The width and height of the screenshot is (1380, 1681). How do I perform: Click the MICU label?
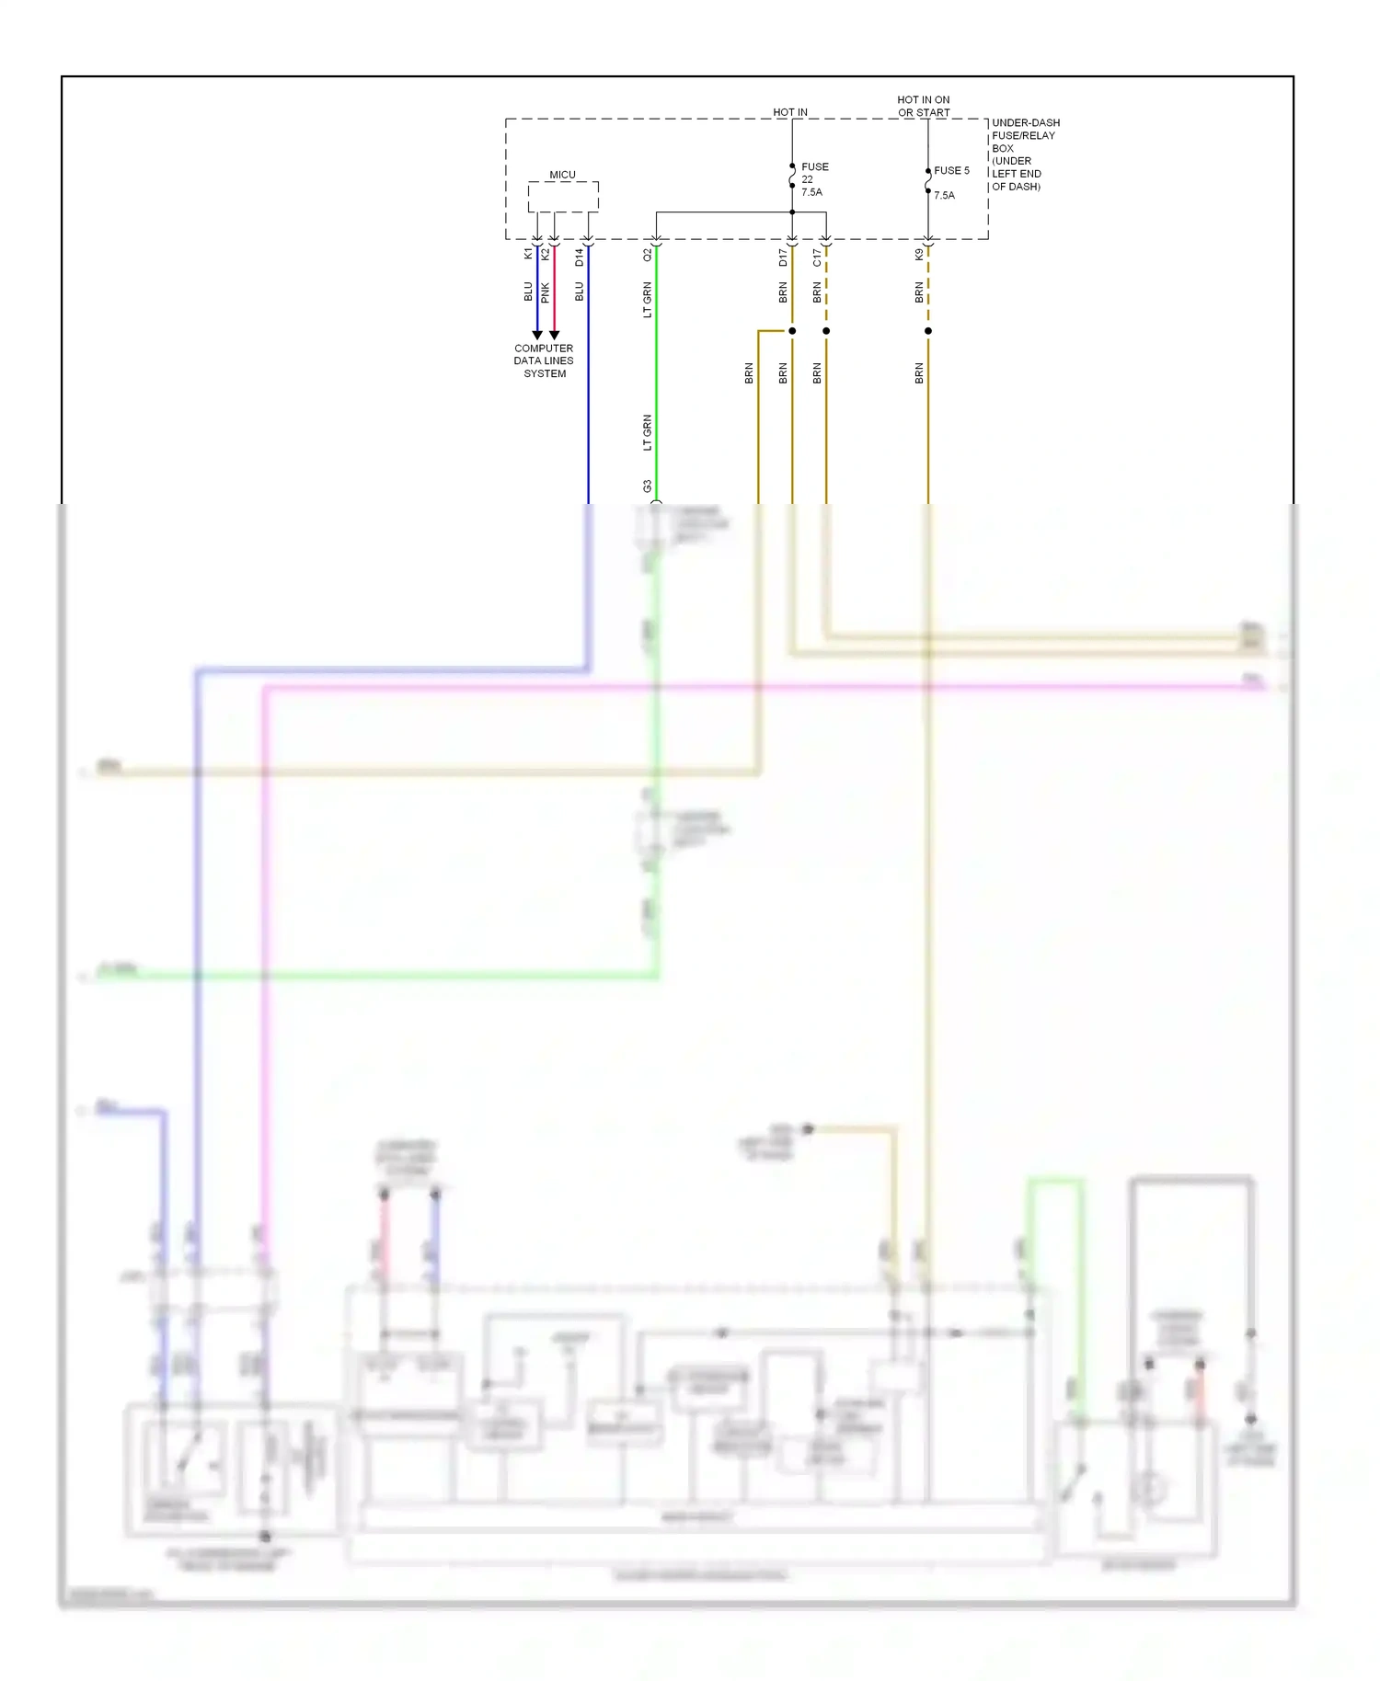(x=562, y=175)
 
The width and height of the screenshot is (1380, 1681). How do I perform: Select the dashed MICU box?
(x=563, y=197)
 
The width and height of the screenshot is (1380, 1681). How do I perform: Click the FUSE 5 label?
(x=951, y=171)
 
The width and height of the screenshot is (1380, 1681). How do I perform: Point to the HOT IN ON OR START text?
(x=923, y=106)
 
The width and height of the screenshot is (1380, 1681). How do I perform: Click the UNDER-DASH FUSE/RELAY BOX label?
(x=1024, y=154)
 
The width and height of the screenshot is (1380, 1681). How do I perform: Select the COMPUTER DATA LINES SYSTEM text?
(x=544, y=360)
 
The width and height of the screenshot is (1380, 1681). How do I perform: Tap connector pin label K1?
(x=528, y=254)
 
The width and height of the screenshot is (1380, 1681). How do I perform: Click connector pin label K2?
(x=546, y=254)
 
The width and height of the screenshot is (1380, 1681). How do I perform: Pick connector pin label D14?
(x=579, y=257)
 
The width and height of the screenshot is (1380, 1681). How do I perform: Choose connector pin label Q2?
(x=647, y=255)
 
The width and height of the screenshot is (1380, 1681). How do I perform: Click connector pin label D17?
(x=783, y=257)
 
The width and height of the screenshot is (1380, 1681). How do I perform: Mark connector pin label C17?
(x=817, y=257)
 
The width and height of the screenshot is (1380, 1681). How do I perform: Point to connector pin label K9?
(x=919, y=255)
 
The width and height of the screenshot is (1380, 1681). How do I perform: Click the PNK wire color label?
(x=546, y=292)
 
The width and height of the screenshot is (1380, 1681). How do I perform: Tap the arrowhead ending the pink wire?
(x=554, y=335)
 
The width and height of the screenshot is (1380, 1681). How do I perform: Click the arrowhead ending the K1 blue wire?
(x=537, y=335)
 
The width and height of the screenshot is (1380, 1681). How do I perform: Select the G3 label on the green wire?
(x=647, y=486)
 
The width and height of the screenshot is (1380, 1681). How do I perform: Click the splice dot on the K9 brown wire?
(x=927, y=330)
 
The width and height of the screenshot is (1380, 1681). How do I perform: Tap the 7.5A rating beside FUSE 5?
(x=944, y=195)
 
